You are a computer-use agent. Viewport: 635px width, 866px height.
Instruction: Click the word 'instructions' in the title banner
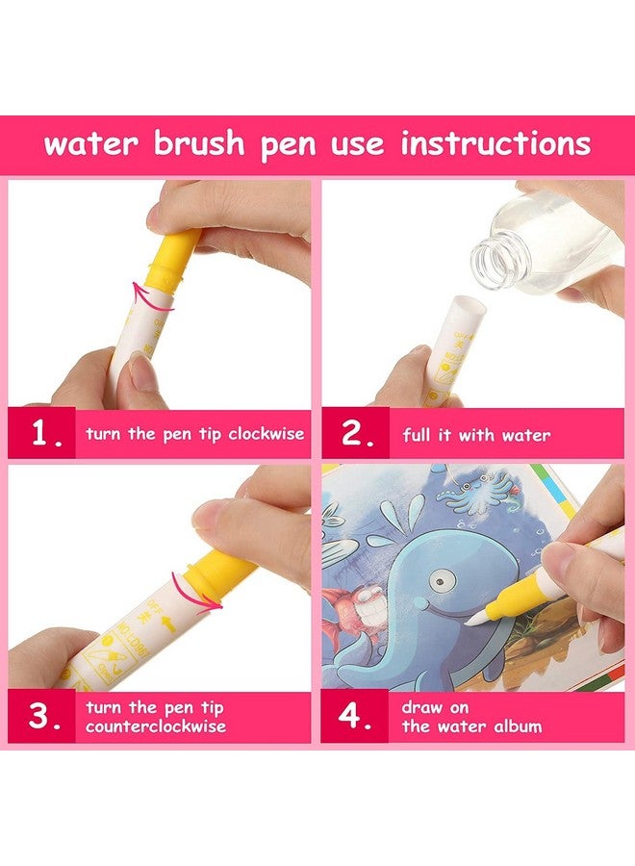[x=495, y=144]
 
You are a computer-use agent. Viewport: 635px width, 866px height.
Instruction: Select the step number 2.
[x=357, y=434]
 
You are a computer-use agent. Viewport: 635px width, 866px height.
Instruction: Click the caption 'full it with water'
[x=476, y=435]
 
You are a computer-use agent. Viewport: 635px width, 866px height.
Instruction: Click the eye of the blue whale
[x=442, y=580]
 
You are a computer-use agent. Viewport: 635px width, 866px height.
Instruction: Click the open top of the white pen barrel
[x=466, y=305]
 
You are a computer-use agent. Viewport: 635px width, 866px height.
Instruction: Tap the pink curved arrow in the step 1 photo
[x=154, y=296]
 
